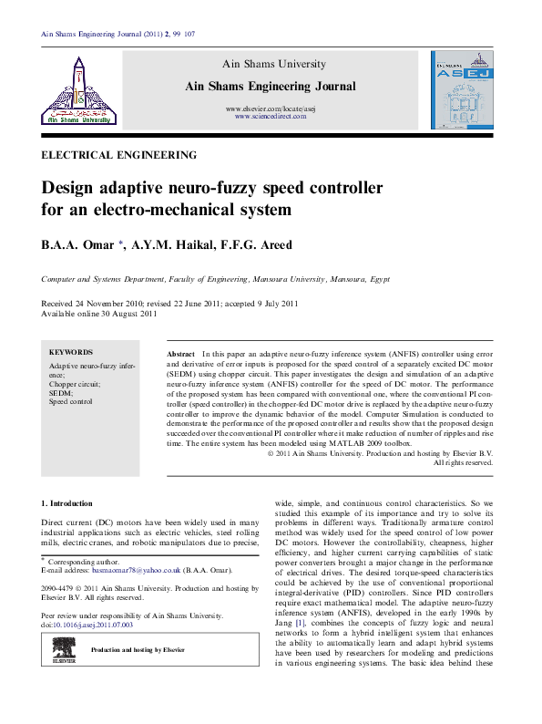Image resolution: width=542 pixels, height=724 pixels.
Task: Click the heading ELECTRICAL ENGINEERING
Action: click(107, 155)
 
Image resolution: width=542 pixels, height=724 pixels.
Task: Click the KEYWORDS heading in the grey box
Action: click(71, 352)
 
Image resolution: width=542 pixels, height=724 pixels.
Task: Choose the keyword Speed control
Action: click(71, 401)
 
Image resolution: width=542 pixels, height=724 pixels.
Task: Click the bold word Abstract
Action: click(181, 352)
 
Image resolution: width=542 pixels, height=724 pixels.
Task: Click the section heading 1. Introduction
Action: click(67, 503)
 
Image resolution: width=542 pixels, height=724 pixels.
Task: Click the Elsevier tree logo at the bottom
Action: click(63, 651)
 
